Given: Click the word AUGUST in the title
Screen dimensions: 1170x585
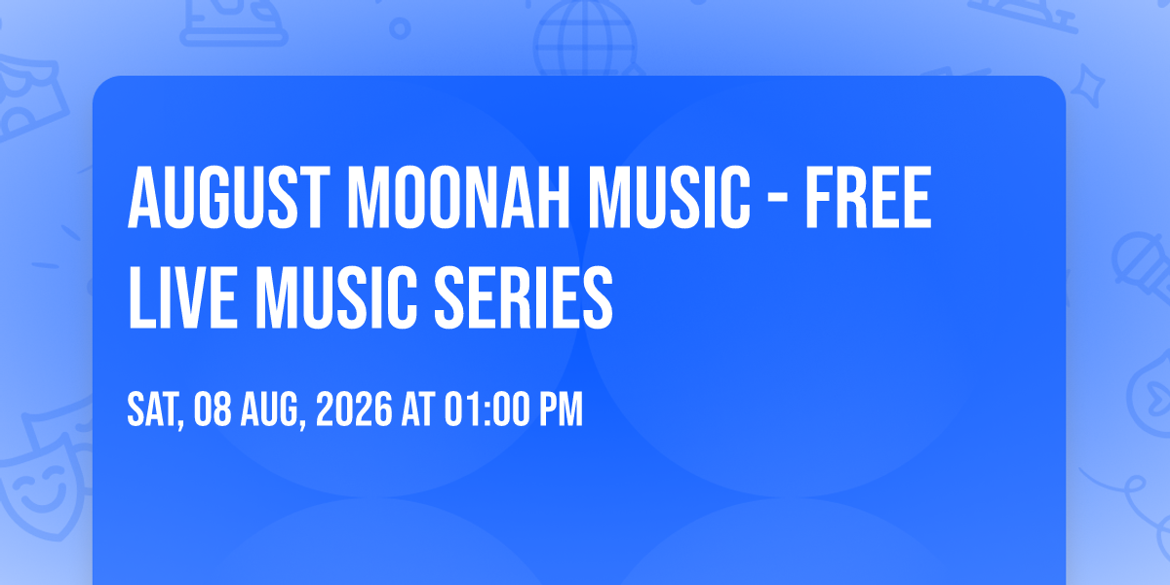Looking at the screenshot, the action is [229, 198].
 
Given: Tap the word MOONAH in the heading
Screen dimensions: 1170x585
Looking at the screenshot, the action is [458, 198].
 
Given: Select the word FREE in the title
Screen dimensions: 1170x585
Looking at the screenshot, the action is [869, 198].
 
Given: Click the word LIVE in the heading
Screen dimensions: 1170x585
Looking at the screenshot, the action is [183, 297].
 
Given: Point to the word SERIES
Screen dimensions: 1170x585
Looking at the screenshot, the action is [524, 297].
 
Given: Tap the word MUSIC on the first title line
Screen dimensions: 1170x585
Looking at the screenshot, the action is [670, 198].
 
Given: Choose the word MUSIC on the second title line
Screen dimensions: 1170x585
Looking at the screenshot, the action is [335, 297].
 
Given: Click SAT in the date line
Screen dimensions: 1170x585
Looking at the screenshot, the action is [155, 410].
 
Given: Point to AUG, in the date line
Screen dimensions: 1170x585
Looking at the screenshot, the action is [273, 410].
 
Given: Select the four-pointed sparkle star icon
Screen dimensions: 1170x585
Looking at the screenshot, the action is [1088, 86].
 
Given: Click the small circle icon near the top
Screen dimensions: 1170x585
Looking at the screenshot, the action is [400, 28].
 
